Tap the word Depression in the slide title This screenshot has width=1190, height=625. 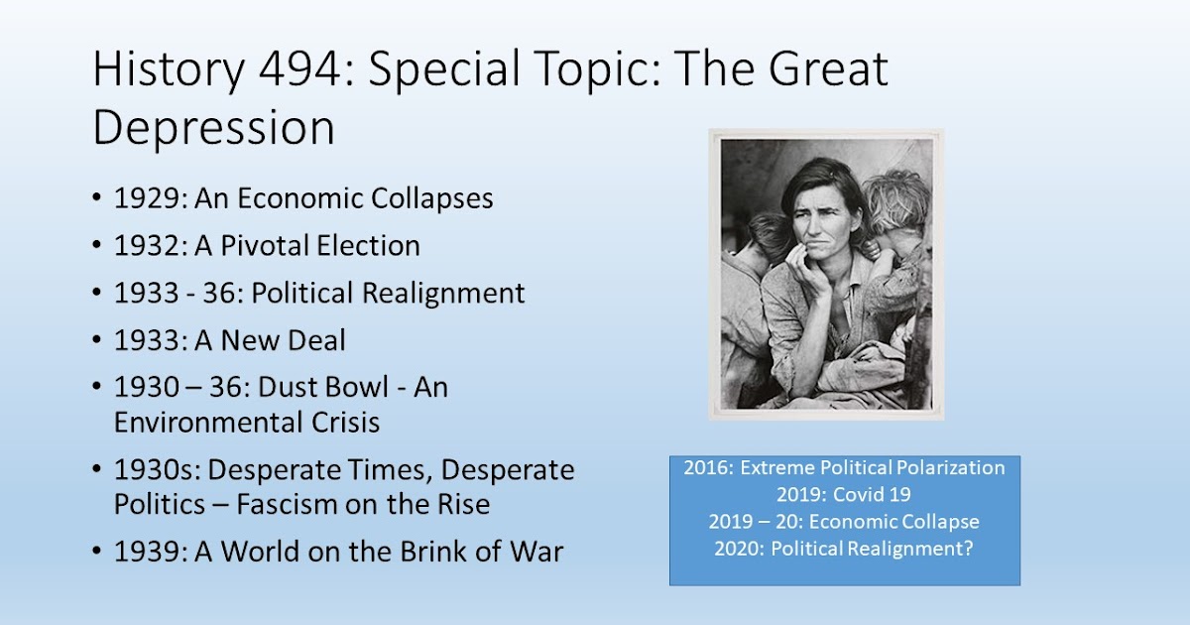[x=214, y=129]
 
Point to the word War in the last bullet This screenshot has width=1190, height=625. [x=536, y=552]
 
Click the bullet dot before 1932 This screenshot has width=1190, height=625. [x=97, y=246]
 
